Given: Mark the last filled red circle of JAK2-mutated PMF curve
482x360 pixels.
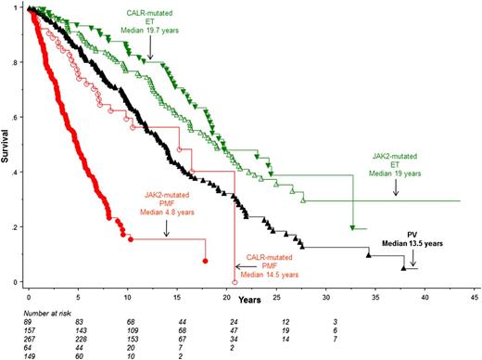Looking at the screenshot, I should pyautogui.click(x=205, y=262).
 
